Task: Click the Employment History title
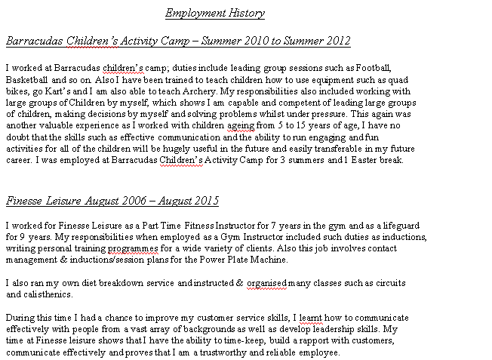click(215, 14)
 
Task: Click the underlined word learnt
click(312, 318)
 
